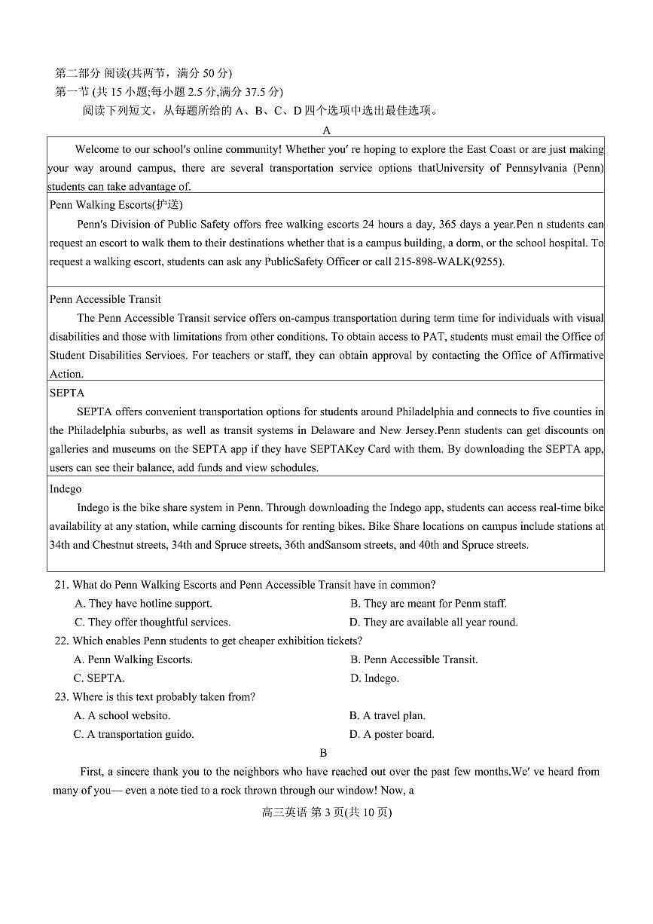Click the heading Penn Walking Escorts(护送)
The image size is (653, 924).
coord(116,205)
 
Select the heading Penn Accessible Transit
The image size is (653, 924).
coord(105,299)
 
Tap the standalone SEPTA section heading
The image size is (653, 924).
coord(67,393)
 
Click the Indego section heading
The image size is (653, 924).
coord(66,489)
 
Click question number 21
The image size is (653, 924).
coord(62,585)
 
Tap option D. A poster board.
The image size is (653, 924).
coord(392,734)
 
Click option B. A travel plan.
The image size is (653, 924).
coord(387,715)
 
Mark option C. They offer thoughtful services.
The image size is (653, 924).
coord(152,623)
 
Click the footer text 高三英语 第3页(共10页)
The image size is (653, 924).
coord(326,812)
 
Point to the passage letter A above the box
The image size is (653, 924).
coord(326,130)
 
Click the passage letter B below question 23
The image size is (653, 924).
coord(323,753)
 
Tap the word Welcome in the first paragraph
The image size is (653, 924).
coord(97,149)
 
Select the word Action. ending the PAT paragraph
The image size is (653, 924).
coord(66,374)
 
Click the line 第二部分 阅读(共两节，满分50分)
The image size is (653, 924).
coord(143,73)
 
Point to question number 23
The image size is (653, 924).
coord(62,697)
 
